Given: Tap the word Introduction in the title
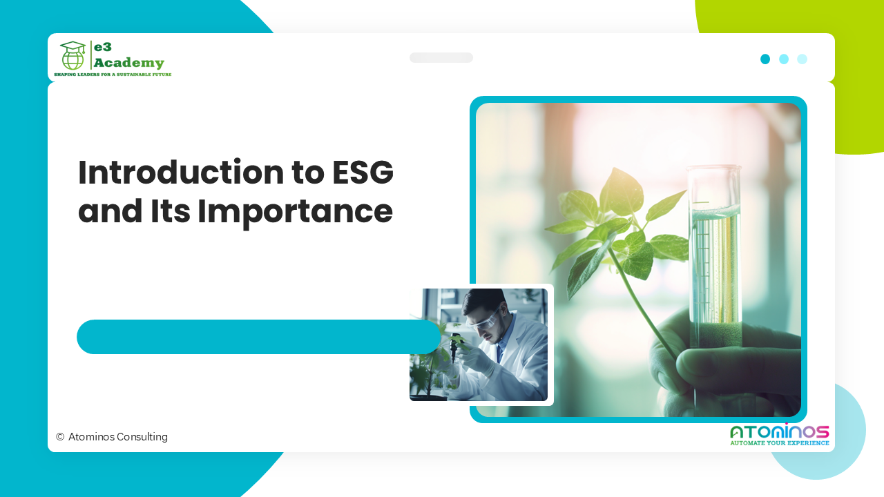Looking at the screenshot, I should point(181,173).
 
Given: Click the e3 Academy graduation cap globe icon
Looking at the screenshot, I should point(73,55).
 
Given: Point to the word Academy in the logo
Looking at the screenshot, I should point(129,63).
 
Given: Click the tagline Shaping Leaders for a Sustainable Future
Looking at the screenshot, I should point(113,73).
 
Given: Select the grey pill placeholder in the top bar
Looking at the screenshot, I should point(441,58).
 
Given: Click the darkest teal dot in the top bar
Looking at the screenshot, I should point(765,59).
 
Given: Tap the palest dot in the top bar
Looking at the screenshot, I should point(802,59).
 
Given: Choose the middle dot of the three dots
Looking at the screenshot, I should point(784,59).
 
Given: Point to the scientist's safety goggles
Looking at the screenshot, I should point(483,321).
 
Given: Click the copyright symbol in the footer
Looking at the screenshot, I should point(60,437).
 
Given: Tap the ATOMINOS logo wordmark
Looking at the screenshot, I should point(780,432).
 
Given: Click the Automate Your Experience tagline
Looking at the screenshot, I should point(780,443).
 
